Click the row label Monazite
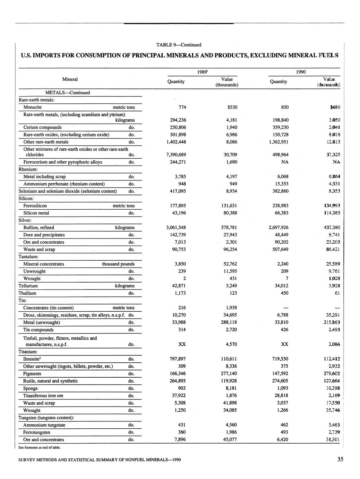click(x=33, y=107)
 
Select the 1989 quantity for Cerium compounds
click(x=176, y=127)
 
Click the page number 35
click(x=340, y=459)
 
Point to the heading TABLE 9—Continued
click(x=179, y=45)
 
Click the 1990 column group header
click(x=301, y=72)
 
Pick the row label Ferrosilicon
click(x=35, y=206)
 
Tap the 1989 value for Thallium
click(x=233, y=293)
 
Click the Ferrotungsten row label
click(x=36, y=432)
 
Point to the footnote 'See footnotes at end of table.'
click(x=40, y=447)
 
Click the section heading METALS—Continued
click(x=68, y=93)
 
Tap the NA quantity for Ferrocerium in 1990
click(x=285, y=162)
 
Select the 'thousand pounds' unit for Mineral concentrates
click(x=118, y=264)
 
